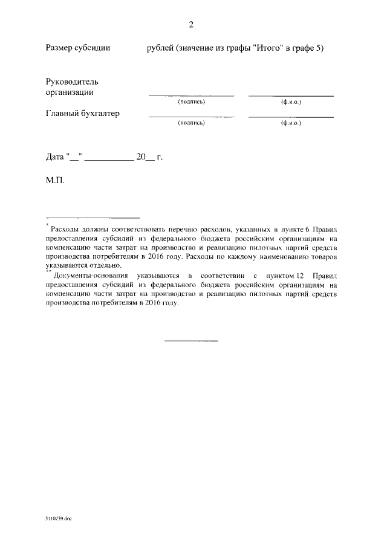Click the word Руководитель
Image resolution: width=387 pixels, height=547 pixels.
[x=72, y=82]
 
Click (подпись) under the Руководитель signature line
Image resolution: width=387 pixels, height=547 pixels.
[x=191, y=102]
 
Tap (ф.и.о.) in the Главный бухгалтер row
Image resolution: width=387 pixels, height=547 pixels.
[x=291, y=123]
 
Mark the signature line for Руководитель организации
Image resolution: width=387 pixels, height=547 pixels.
[x=191, y=96]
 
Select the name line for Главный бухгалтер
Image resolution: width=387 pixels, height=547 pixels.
[x=291, y=117]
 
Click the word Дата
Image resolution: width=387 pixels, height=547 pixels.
[x=55, y=157]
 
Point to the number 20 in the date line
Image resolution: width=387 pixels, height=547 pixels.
[x=141, y=157]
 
